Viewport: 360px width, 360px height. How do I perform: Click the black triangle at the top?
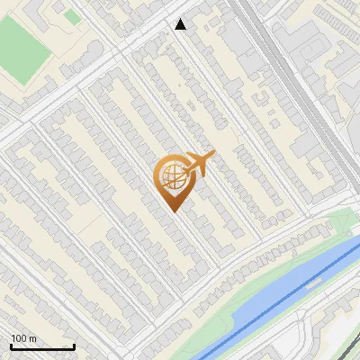point(181,24)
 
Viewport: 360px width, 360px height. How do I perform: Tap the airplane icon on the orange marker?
point(199,165)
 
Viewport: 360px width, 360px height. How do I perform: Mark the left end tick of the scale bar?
point(11,346)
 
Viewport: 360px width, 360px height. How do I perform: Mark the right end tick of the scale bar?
point(74,346)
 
